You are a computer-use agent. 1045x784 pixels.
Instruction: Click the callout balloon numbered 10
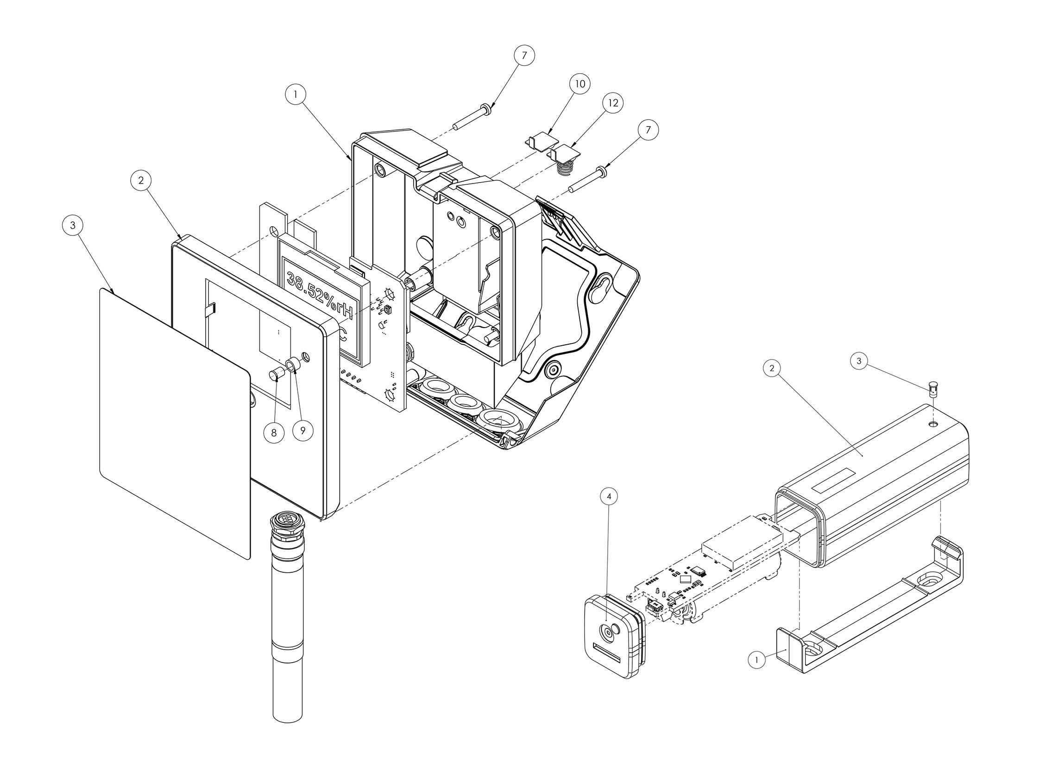[580, 84]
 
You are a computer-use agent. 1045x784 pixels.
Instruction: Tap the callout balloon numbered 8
[275, 431]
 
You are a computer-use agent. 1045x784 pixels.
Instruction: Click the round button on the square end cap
[606, 632]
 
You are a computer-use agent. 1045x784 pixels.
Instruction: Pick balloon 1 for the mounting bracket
[757, 659]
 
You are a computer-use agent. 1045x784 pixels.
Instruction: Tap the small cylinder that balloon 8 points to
[276, 376]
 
